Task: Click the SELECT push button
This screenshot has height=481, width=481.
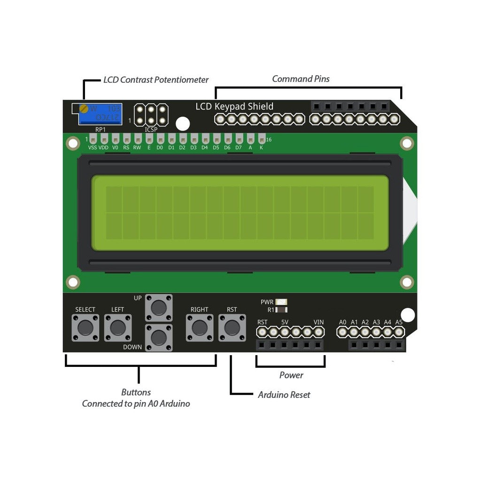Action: pos(85,327)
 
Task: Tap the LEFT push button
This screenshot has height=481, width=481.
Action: pos(118,327)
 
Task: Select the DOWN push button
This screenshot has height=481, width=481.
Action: pos(159,337)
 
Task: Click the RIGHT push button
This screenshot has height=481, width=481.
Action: pos(200,327)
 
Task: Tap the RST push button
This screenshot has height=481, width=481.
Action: pos(232,327)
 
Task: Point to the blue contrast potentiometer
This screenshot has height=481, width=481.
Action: pos(100,114)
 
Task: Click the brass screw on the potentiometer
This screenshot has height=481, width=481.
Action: pos(84,109)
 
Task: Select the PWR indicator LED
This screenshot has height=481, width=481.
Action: pos(281,302)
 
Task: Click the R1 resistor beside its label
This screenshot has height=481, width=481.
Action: pos(281,310)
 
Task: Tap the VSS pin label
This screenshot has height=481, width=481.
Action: pos(93,147)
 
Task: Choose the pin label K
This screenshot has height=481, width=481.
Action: pos(262,147)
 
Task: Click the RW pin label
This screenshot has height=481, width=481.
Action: pos(137,147)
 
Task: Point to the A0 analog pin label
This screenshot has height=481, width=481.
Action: pos(343,322)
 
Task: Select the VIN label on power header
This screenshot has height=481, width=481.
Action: pos(318,322)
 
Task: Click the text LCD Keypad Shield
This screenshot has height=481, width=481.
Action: pos(234,107)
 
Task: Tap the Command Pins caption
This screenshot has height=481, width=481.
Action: pos(301,79)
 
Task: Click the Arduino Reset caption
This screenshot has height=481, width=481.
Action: pos(284,395)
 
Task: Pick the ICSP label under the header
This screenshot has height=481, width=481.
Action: pos(151,130)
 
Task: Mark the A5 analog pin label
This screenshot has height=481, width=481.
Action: pos(399,322)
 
